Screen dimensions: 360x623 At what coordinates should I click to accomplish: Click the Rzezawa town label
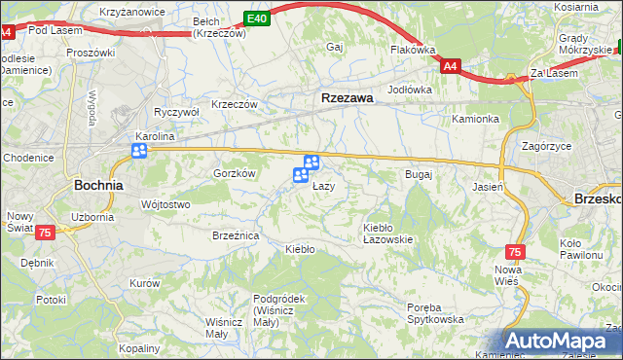tap(348, 97)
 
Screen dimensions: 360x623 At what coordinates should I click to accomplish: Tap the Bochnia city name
tap(98, 184)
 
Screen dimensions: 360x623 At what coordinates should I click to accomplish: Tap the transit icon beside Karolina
tap(140, 151)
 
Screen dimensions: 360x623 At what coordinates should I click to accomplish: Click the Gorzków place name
tap(234, 173)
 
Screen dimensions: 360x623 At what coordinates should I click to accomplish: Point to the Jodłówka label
tap(409, 90)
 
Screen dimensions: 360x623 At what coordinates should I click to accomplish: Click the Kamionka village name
tap(475, 119)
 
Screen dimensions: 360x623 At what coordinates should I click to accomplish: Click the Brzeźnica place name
tap(235, 235)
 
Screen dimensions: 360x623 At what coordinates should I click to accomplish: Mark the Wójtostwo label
tap(165, 204)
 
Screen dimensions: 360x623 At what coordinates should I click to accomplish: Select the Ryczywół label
tap(176, 112)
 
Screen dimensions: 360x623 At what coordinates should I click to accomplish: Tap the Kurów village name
tap(144, 283)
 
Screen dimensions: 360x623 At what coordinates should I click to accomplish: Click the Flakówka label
tap(412, 49)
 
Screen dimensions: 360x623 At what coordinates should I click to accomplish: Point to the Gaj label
tap(336, 47)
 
